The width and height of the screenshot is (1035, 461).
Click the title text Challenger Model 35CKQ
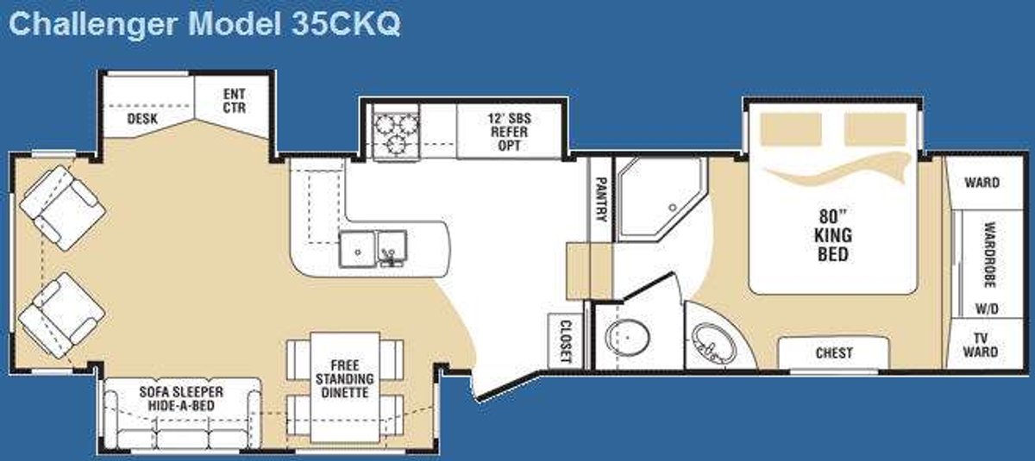(204, 24)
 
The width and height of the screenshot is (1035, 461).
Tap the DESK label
(142, 119)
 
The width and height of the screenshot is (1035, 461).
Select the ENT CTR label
(235, 101)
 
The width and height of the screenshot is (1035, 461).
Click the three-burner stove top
(397, 133)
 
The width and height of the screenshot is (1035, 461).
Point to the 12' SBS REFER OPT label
(509, 132)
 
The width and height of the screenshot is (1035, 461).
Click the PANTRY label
(600, 199)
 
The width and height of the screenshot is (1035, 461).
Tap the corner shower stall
(662, 199)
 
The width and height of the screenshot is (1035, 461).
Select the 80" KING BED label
(833, 235)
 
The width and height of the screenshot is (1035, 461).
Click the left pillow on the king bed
(791, 128)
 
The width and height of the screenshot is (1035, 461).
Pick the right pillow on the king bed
(875, 128)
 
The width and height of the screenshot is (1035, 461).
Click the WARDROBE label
(989, 255)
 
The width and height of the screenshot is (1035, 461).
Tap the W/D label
(987, 308)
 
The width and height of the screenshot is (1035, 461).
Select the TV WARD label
(981, 345)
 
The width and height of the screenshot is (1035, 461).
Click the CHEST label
(834, 353)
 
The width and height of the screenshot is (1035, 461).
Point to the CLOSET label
(566, 341)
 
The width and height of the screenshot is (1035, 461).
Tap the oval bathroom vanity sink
(713, 344)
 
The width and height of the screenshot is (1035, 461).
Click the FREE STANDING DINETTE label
(345, 379)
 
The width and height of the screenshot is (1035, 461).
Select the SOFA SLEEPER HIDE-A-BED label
(181, 399)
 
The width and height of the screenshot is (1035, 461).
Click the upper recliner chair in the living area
(63, 208)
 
